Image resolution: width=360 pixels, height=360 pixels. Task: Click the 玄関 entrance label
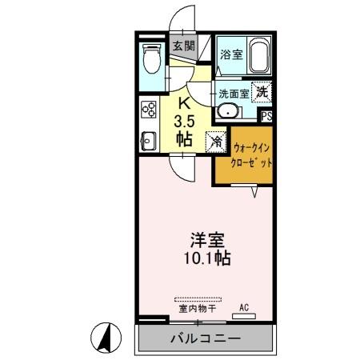point(183,46)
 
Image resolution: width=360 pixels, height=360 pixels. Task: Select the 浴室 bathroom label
point(231,54)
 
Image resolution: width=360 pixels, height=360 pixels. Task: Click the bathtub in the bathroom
point(258,58)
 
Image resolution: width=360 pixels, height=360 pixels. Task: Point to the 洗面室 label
point(234,93)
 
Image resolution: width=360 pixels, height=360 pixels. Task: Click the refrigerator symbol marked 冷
point(215,141)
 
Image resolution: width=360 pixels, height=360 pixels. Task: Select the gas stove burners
point(148,110)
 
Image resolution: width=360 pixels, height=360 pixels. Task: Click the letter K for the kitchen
point(183,102)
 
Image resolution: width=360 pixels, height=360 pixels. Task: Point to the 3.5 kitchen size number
point(184,121)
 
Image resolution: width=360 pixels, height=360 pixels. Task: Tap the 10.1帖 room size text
point(210,259)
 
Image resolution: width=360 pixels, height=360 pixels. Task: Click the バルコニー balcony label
point(205,339)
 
